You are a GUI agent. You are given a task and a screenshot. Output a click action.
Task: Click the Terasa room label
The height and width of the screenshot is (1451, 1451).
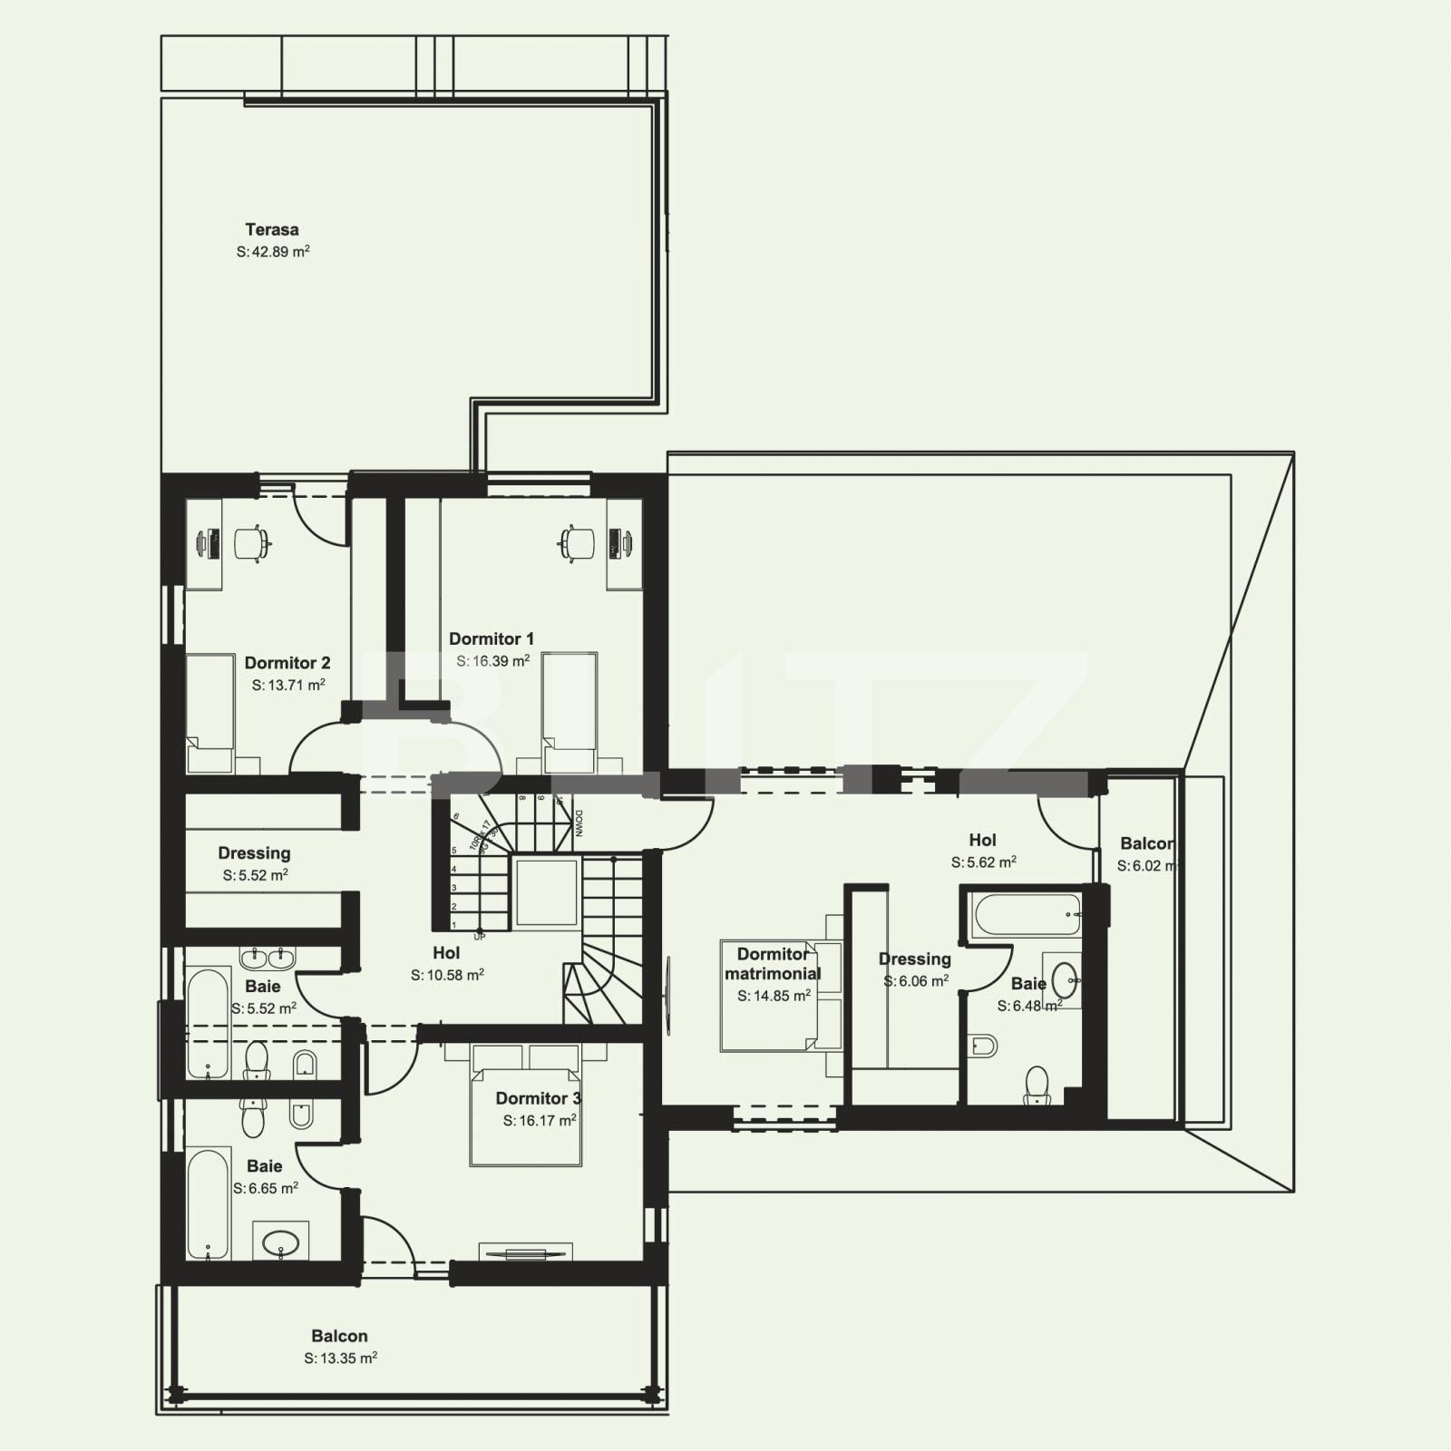coord(272,230)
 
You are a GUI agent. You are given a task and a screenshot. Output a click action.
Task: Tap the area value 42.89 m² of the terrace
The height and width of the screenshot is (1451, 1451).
coord(273,252)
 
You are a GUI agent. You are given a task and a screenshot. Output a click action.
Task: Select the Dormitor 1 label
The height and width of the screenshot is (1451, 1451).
coord(492,639)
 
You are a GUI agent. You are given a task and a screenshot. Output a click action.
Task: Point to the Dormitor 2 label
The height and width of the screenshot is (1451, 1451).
coord(287,663)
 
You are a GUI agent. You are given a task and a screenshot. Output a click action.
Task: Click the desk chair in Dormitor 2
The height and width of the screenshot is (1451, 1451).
coord(252,543)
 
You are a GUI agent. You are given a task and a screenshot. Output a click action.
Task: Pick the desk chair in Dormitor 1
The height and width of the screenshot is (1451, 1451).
coord(577,543)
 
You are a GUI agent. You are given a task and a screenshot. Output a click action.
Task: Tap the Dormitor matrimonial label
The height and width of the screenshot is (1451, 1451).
coord(773,964)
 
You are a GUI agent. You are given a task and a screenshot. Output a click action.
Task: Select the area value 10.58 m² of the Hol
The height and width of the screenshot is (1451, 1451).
coord(447,975)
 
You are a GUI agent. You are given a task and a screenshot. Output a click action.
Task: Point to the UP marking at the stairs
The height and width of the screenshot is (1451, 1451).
coord(479,937)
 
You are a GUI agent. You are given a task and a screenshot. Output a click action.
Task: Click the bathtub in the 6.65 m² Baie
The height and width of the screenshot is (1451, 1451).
coord(208,1204)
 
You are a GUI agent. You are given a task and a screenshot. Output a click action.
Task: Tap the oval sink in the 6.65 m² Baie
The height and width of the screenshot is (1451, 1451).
coord(280,1241)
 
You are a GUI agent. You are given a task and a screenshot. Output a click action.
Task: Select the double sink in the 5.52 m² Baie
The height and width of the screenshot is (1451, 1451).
coord(268,958)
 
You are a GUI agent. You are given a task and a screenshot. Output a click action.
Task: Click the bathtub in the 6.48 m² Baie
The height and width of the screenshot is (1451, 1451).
coord(1026,916)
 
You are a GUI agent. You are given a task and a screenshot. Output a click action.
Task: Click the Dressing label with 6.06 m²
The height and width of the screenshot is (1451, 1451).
coord(914,959)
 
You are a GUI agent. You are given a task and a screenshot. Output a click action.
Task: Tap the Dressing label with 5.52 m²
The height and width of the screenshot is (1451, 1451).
coord(254,853)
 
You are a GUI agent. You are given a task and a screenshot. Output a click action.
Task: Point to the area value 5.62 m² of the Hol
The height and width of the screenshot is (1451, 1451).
coord(983,862)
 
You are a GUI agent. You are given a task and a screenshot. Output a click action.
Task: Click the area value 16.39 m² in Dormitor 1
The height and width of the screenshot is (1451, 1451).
coord(492,661)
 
